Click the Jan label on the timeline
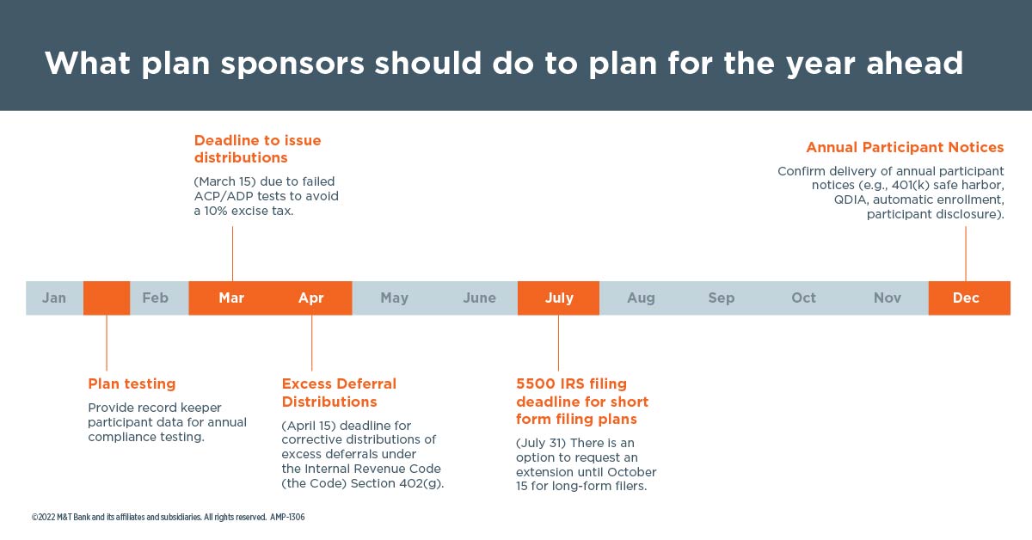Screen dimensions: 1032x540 (54, 298)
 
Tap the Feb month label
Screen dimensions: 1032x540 (156, 298)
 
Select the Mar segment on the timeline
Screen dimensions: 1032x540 (231, 298)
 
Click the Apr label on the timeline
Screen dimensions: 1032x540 (311, 298)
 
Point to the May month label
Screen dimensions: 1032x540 (395, 298)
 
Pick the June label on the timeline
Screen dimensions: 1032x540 (480, 298)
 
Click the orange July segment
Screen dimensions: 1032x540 (558, 298)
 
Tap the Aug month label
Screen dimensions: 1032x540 (641, 298)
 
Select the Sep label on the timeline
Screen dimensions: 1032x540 (722, 298)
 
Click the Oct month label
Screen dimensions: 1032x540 (803, 298)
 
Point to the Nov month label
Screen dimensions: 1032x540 (888, 298)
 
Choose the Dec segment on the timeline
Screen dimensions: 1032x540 (969, 298)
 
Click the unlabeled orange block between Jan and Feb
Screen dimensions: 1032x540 (107, 298)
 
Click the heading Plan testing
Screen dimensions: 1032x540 (132, 384)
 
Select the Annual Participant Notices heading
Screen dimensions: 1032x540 (905, 147)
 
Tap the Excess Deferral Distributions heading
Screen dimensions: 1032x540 (339, 393)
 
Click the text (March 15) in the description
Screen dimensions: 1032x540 (224, 181)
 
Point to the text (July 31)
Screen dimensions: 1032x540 (541, 443)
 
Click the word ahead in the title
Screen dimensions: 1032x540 (914, 63)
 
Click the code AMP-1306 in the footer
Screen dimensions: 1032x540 (287, 517)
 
